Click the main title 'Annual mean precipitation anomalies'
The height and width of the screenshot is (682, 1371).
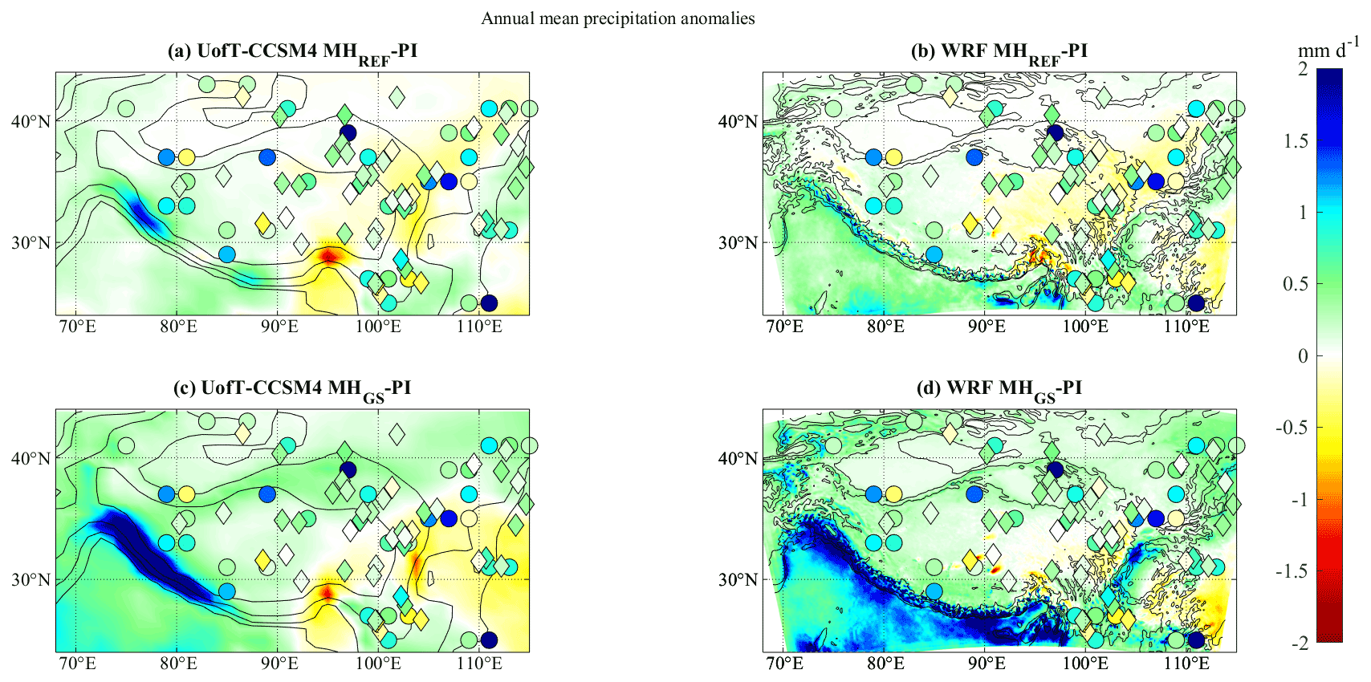pyautogui.click(x=617, y=18)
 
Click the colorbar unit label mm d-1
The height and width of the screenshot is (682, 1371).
pyautogui.click(x=1328, y=49)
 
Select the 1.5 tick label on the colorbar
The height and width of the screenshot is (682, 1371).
pyautogui.click(x=1292, y=141)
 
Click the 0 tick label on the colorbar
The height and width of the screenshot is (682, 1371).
pyautogui.click(x=1302, y=356)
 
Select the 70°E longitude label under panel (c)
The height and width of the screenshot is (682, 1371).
pyautogui.click(x=76, y=664)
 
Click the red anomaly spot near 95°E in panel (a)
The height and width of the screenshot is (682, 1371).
pyautogui.click(x=328, y=256)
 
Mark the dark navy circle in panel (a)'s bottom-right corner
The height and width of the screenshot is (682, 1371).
pyautogui.click(x=488, y=303)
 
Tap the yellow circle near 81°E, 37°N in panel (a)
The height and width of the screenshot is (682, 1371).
pyautogui.click(x=186, y=157)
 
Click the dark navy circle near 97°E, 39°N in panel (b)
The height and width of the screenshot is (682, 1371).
pyautogui.click(x=1055, y=132)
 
